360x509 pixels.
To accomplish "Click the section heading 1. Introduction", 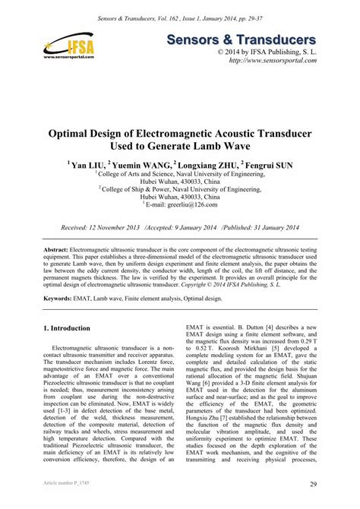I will coord(69,327).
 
